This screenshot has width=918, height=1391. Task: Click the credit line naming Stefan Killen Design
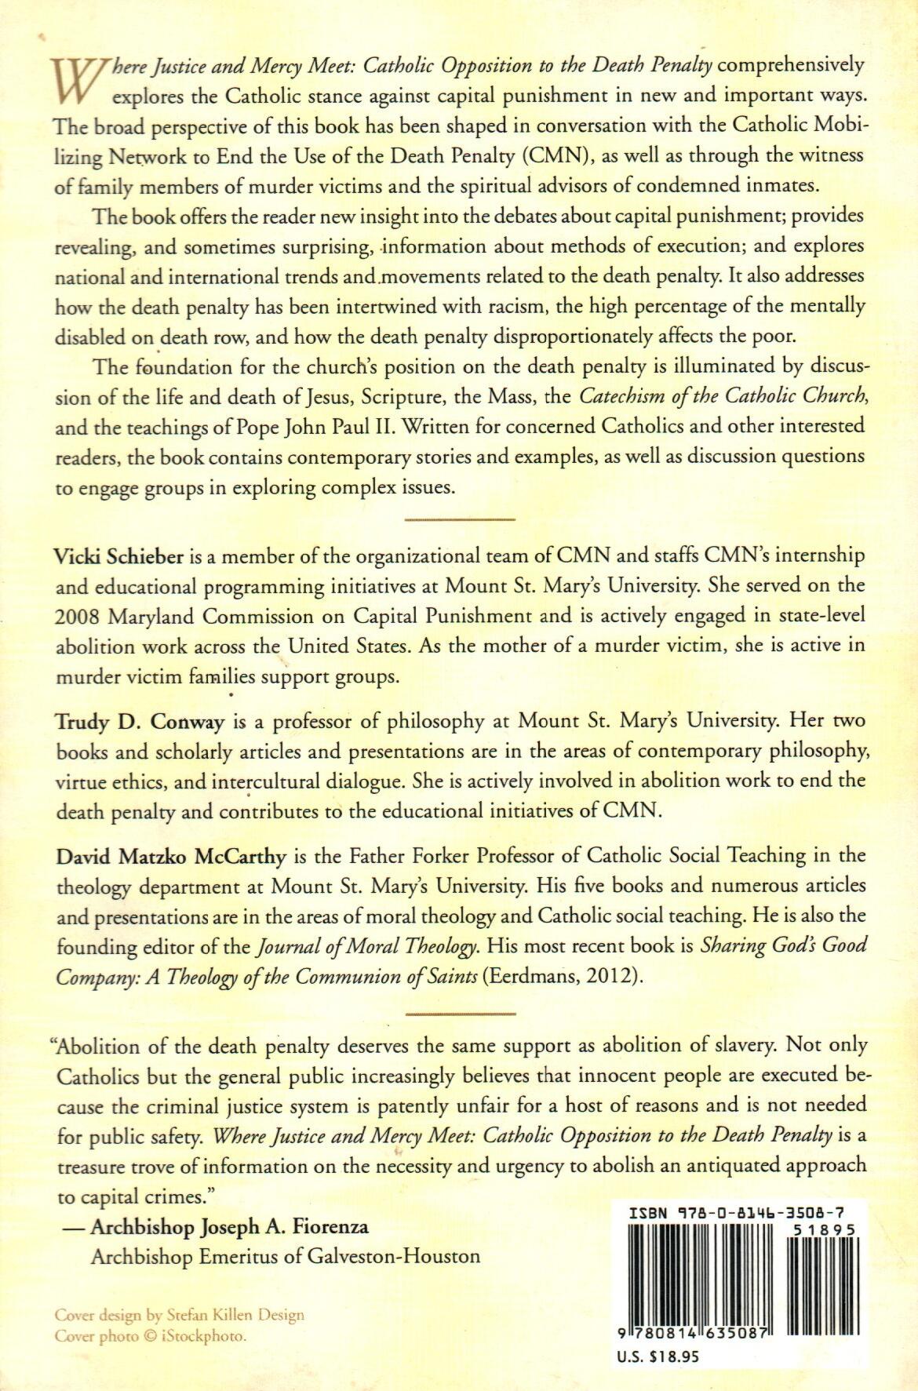(x=180, y=1315)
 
